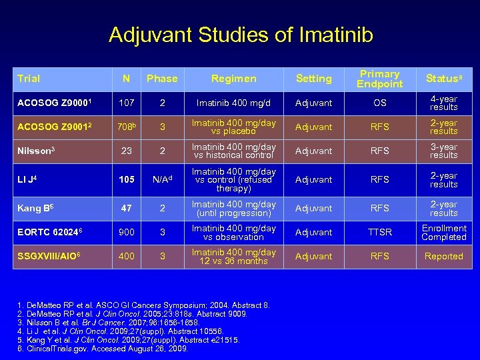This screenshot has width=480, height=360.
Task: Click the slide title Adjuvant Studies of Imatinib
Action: [241, 34]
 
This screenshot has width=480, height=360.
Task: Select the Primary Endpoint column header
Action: [379, 79]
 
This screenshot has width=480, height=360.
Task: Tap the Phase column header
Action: [162, 79]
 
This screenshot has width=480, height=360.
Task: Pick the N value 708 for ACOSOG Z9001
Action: [127, 127]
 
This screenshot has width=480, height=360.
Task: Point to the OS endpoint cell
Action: [379, 103]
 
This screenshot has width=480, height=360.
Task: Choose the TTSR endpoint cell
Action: [379, 232]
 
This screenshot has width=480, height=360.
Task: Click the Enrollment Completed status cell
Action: [443, 232]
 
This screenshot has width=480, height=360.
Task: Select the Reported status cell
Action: [443, 256]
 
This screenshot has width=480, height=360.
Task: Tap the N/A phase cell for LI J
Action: [162, 179]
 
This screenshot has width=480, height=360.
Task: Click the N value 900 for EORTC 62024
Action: [126, 232]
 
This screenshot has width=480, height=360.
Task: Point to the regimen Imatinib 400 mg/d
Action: [233, 103]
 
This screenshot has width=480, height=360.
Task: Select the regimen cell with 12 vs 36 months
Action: [233, 256]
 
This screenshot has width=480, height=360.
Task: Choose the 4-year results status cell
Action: [443, 103]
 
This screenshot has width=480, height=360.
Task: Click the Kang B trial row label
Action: [34, 208]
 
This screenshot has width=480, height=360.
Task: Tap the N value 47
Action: [126, 208]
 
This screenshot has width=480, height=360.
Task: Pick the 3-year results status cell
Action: [443, 151]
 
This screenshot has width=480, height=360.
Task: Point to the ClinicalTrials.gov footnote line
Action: [100, 348]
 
